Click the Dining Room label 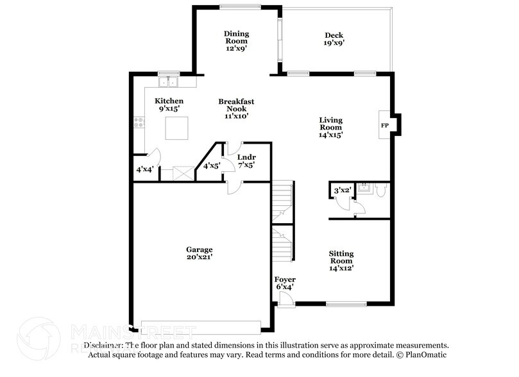point(236,38)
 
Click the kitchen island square point(177,128)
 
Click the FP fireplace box point(385,125)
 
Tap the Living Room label point(331,127)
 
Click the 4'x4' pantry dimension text point(144,170)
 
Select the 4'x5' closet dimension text point(212,166)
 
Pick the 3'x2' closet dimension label point(341,190)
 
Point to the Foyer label point(285,283)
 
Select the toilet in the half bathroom point(380,190)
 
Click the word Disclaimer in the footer point(106,345)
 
